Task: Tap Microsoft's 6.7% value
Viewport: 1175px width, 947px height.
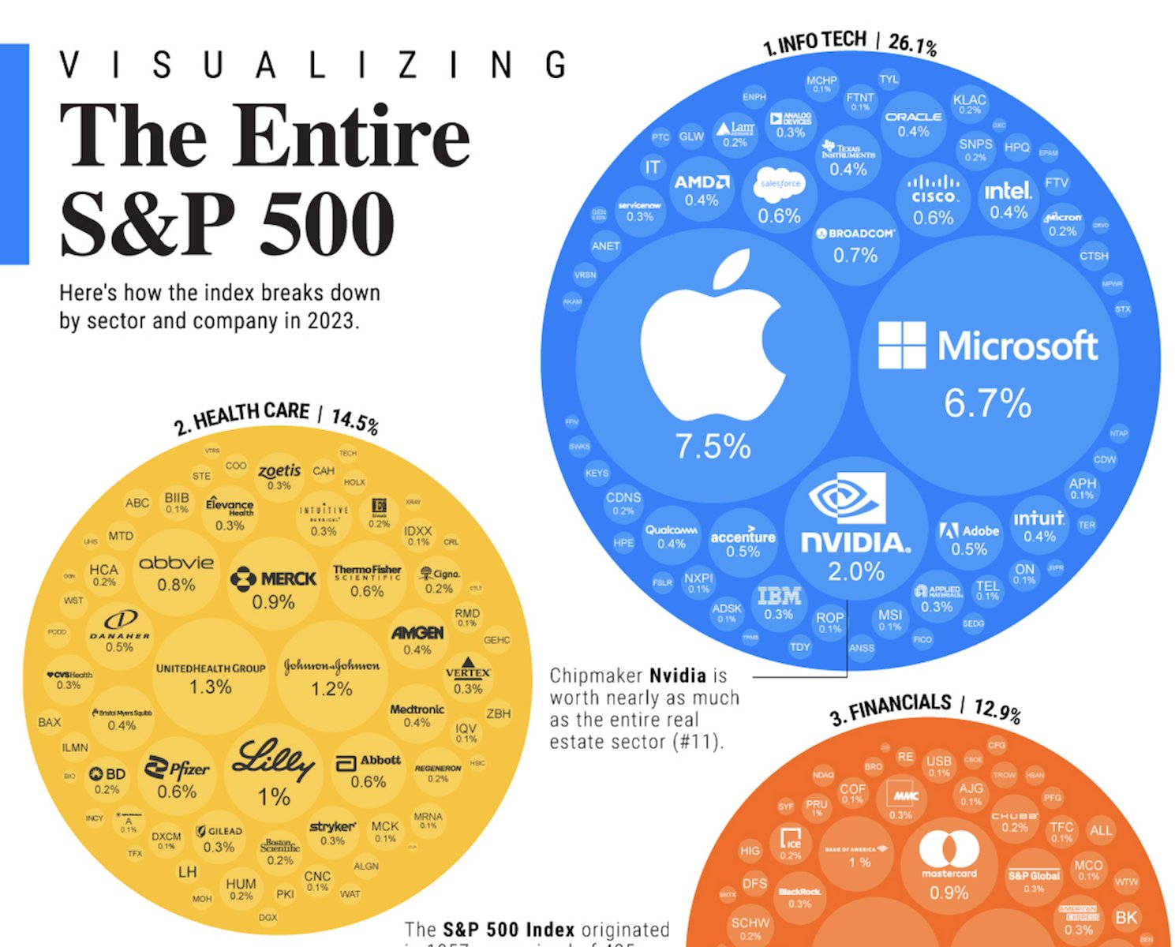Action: (987, 403)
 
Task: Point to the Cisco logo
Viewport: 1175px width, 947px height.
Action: (934, 189)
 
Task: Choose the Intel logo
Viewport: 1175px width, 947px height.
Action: (1008, 191)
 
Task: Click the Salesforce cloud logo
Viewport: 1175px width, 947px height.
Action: (779, 184)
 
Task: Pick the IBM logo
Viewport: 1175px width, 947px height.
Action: (779, 596)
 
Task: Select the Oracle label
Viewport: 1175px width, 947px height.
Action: (913, 117)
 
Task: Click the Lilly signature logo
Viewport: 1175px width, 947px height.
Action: (273, 761)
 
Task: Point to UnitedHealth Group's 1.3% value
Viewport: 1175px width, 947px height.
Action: (210, 687)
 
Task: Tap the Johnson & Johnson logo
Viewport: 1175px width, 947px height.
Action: (331, 667)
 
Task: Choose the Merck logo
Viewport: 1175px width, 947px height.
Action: (273, 579)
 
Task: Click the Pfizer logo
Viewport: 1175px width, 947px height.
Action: (177, 769)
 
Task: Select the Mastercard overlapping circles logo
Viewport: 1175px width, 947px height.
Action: (949, 850)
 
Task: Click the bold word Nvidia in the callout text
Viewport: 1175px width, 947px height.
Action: (677, 676)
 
